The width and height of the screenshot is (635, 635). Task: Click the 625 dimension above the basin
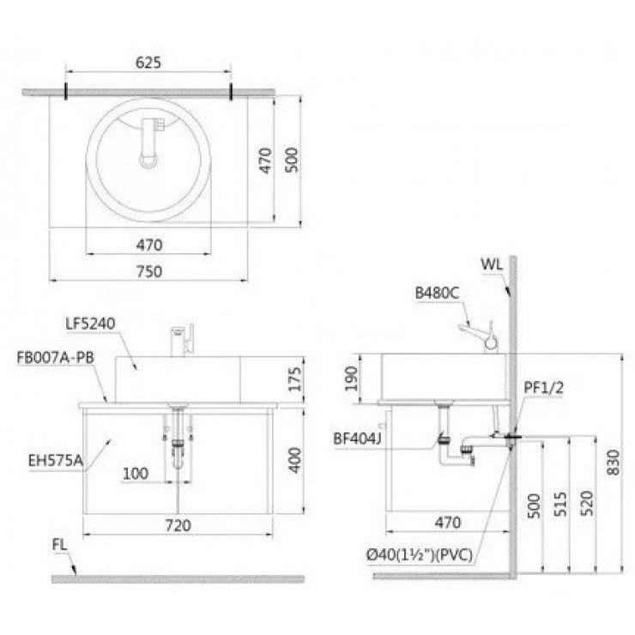pyautogui.click(x=149, y=63)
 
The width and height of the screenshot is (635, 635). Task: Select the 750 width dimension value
pyautogui.click(x=149, y=269)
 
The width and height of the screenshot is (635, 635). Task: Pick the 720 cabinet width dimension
pyautogui.click(x=178, y=524)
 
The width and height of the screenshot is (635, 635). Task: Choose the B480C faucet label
pyautogui.click(x=438, y=293)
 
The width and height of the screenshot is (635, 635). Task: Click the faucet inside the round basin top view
pyautogui.click(x=152, y=142)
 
